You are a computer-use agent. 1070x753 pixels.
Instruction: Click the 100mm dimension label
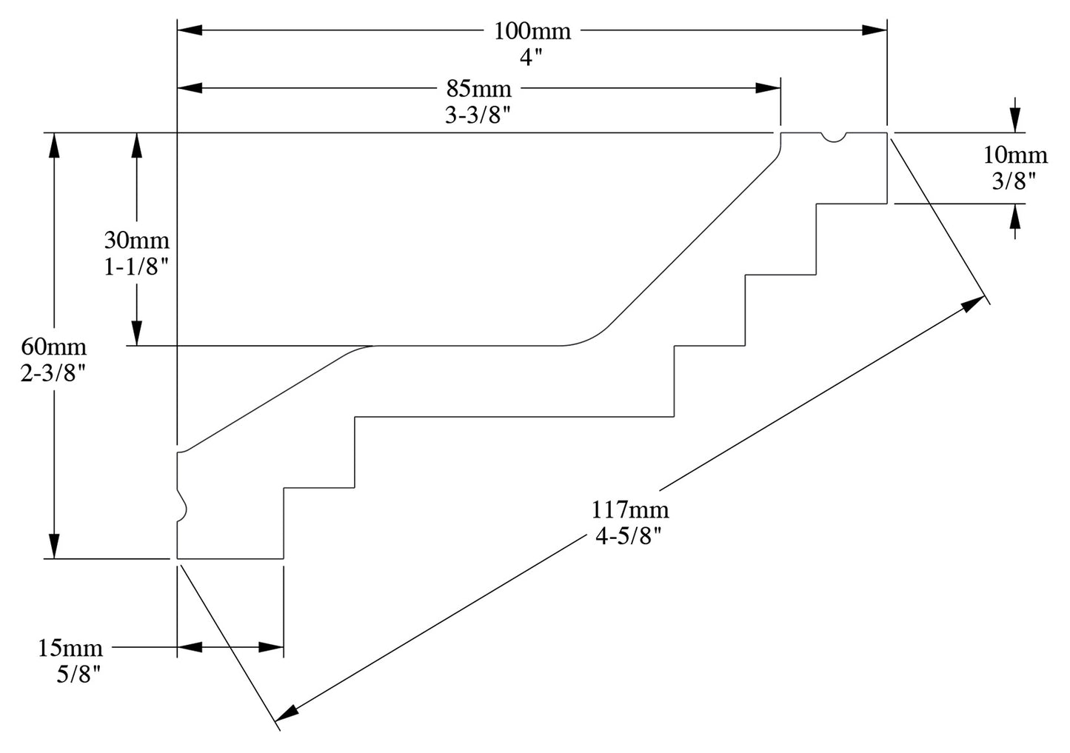(532, 32)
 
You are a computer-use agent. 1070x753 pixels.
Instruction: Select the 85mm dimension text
(478, 90)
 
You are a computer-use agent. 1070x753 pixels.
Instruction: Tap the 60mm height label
(53, 347)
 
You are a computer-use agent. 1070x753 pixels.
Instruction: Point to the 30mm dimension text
(136, 241)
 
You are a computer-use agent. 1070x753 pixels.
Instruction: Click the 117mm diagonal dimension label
(629, 510)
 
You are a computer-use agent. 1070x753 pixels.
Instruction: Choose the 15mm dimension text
(70, 649)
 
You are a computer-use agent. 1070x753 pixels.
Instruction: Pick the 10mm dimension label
(1015, 155)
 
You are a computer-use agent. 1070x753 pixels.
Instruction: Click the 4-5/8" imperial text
(628, 536)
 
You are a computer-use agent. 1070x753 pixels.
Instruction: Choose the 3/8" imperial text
(1014, 181)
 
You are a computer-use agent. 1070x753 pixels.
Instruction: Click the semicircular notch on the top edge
(834, 137)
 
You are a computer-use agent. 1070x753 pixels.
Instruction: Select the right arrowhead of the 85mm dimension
(769, 87)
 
